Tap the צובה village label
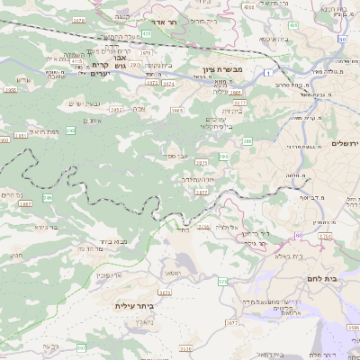139,108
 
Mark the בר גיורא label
43,228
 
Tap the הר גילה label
262,242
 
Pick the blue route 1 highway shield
268,70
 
